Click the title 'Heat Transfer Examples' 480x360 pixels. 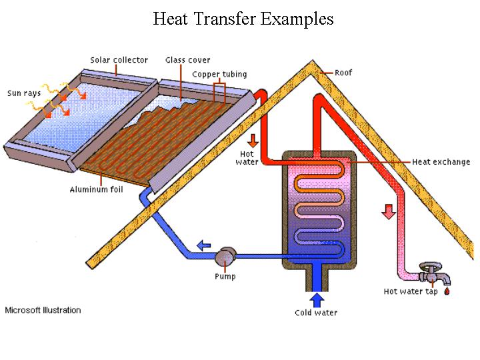pos(243,19)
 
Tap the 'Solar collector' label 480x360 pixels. pos(119,60)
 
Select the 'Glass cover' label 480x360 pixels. pos(187,60)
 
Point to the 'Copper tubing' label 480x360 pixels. pos(219,75)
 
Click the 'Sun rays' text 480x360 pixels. pos(24,93)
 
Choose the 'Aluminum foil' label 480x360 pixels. pos(97,189)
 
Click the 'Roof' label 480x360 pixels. pos(343,73)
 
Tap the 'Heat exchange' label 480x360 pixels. pos(441,161)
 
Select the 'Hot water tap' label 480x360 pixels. pos(411,291)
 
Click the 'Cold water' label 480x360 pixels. pos(316,313)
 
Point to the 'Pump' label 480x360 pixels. pos(225,277)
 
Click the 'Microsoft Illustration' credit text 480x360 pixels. pos(43,310)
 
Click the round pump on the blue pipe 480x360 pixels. pos(225,256)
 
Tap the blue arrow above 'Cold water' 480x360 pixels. pos(317,300)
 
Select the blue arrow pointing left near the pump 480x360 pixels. pos(204,245)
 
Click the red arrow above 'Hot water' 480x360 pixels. pos(253,141)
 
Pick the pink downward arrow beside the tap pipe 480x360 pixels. pos(389,212)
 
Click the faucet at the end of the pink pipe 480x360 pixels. pos(433,273)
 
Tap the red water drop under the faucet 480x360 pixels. pos(447,291)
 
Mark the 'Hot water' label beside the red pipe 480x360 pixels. pos(247,158)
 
